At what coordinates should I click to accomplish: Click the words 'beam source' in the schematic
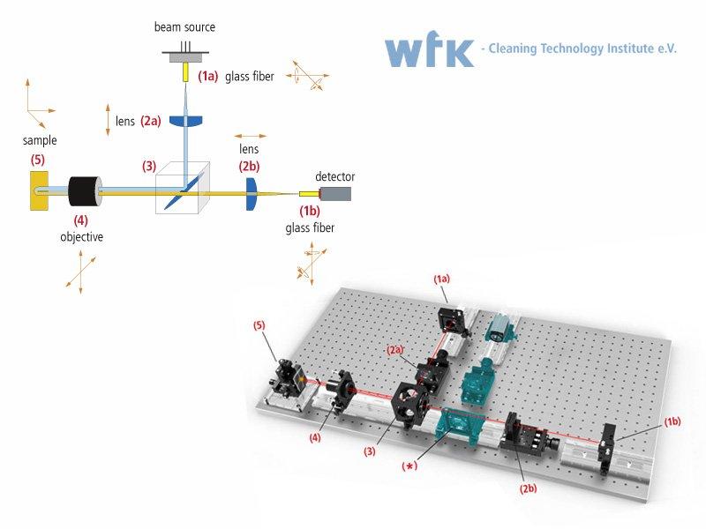(184, 27)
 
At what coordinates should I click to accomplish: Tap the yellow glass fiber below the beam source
(185, 72)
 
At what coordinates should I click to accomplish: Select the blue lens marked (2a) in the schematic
(186, 121)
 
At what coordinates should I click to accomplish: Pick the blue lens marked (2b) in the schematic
(252, 194)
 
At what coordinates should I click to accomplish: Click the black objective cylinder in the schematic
(85, 191)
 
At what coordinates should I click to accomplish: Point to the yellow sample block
(39, 190)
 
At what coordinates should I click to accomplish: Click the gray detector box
(335, 194)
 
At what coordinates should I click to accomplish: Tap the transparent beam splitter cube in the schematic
(183, 188)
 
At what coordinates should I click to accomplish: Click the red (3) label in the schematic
(149, 166)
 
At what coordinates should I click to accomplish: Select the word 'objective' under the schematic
(81, 236)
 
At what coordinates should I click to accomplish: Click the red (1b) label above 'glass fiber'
(310, 211)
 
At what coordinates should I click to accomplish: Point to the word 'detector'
(335, 176)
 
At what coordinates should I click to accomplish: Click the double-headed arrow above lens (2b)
(251, 136)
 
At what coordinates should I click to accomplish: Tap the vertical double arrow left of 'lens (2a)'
(108, 120)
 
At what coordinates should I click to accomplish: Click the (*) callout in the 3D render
(409, 466)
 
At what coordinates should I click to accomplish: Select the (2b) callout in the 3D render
(528, 488)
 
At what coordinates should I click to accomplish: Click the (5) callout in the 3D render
(259, 325)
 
